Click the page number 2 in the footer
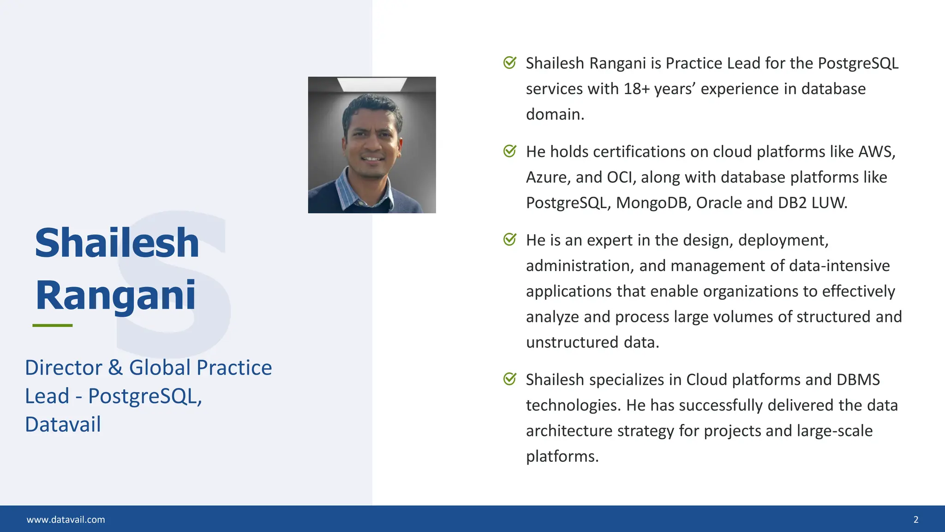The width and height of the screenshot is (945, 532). click(x=916, y=520)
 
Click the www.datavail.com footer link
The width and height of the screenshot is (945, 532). click(x=66, y=520)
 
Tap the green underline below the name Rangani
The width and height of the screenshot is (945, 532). click(x=53, y=326)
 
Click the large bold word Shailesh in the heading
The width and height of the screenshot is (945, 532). click(x=117, y=243)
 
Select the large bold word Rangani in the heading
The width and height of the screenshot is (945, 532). click(x=116, y=296)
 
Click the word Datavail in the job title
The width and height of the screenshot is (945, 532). click(x=63, y=424)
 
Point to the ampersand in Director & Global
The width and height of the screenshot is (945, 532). click(x=115, y=368)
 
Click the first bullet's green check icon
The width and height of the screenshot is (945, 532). click(x=509, y=63)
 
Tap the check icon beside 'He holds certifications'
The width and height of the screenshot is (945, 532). click(x=509, y=151)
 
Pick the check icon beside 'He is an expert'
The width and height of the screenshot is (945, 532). click(x=509, y=240)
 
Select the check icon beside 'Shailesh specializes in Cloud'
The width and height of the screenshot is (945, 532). click(x=509, y=380)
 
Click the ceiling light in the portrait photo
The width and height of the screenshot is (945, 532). click(x=371, y=84)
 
